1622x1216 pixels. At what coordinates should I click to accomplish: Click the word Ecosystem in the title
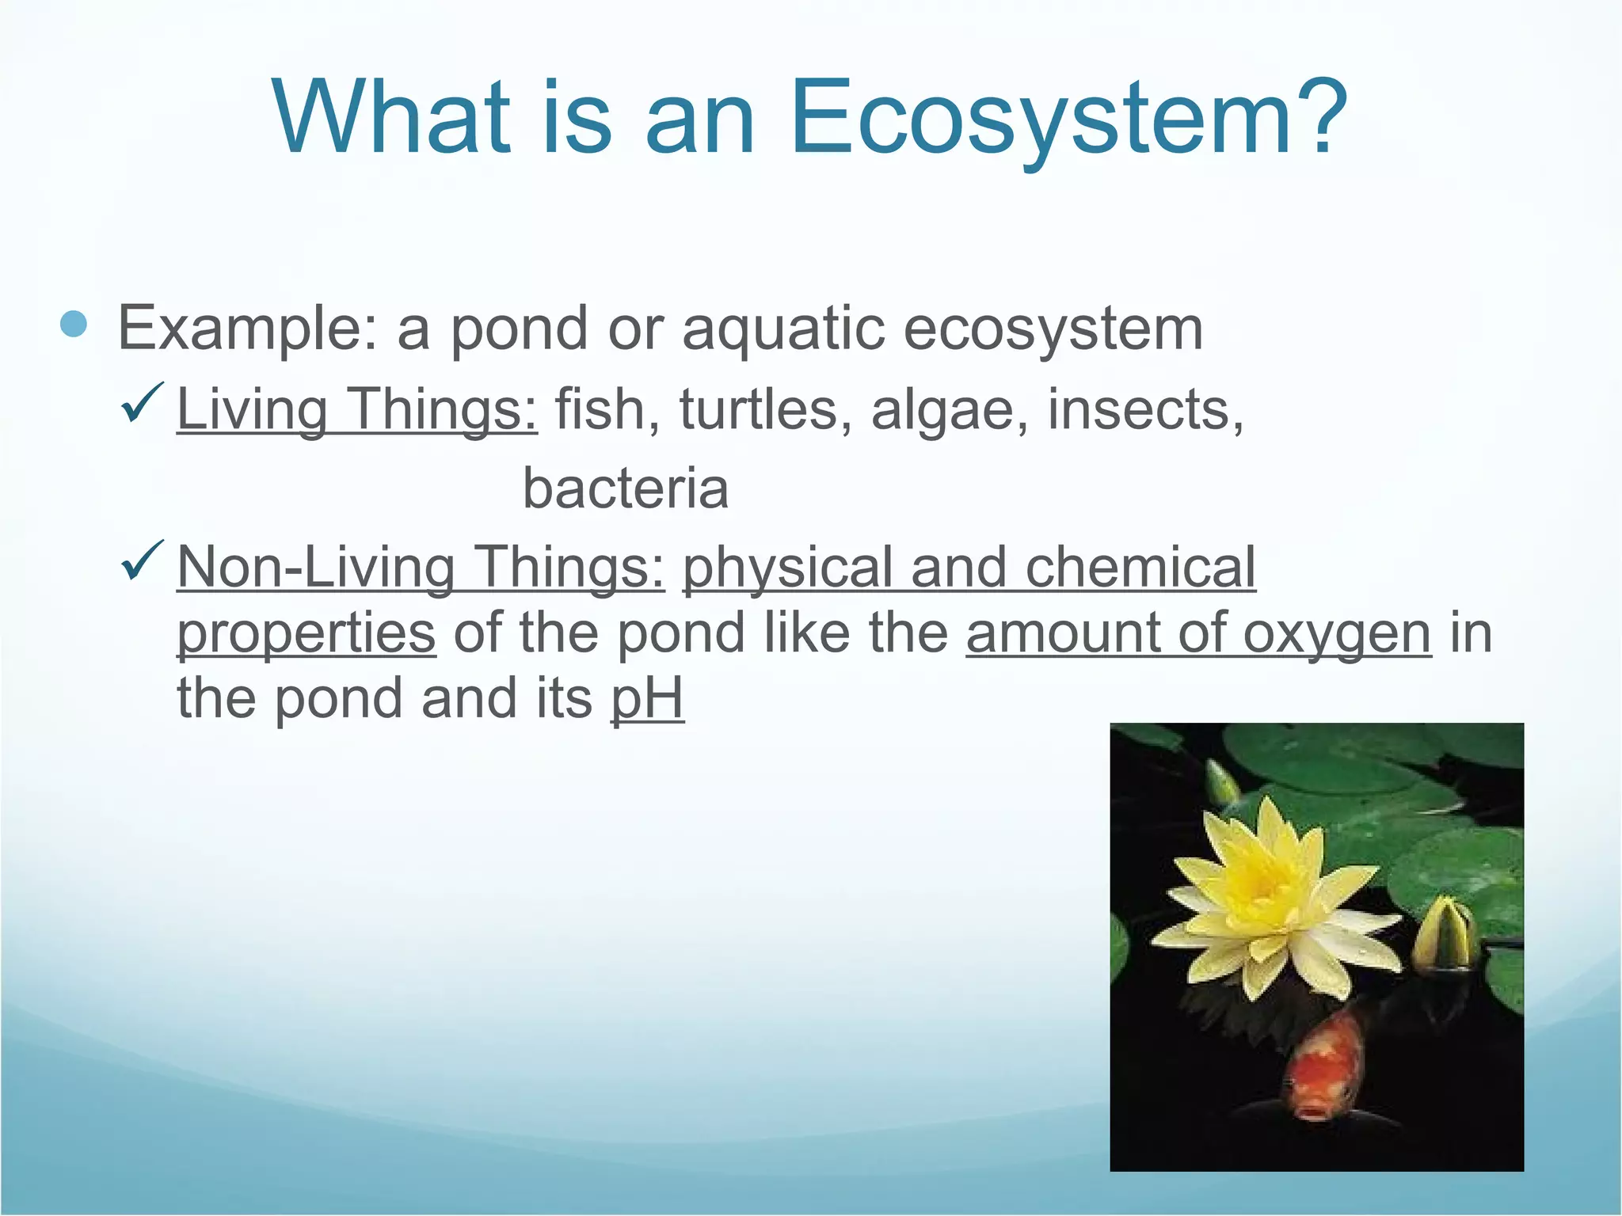pos(1069,119)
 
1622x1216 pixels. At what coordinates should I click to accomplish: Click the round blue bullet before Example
pos(74,324)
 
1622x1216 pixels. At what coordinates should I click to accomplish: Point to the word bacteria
pos(626,488)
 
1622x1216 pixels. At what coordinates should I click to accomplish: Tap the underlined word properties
pos(306,634)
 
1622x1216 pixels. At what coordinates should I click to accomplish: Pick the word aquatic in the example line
pos(783,329)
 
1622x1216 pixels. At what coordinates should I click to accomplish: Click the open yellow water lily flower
pos(1267,895)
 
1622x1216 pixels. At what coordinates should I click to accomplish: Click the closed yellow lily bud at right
pos(1446,934)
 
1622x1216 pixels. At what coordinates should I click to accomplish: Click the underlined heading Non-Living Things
pos(421,568)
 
